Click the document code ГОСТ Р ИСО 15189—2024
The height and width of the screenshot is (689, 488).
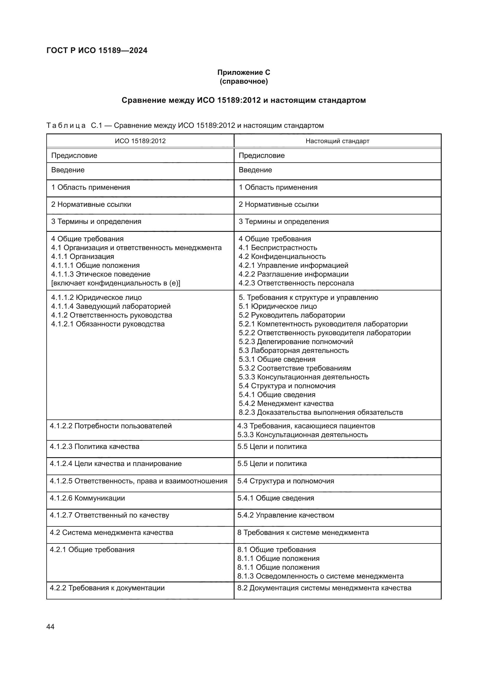[x=97, y=50]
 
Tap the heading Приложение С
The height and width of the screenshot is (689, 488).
[x=244, y=72]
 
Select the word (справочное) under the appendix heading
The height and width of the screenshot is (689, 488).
[x=244, y=81]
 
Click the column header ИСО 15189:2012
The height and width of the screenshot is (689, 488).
[x=140, y=141]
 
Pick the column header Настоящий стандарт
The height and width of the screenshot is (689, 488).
[x=337, y=141]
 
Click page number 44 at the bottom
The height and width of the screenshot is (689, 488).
[x=50, y=627]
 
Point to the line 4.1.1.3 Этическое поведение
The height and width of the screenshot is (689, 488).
[x=101, y=274]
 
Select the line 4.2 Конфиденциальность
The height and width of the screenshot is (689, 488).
[x=282, y=257]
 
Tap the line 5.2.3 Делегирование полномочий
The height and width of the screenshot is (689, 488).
[x=296, y=342]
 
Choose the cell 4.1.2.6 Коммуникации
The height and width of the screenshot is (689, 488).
[x=87, y=498]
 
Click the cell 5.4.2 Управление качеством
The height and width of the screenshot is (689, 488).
[x=286, y=515]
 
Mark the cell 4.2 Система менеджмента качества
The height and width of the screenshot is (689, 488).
[x=112, y=533]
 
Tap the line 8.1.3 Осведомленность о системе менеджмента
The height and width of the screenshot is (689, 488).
[x=320, y=576]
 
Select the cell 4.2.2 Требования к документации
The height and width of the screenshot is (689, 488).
[x=107, y=588]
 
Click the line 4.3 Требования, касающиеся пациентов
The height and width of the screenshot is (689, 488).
[x=306, y=426]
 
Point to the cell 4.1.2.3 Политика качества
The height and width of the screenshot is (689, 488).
[x=94, y=447]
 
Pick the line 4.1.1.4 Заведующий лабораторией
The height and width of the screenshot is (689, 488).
[x=111, y=306]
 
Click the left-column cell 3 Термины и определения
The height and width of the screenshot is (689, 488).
[x=96, y=222]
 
